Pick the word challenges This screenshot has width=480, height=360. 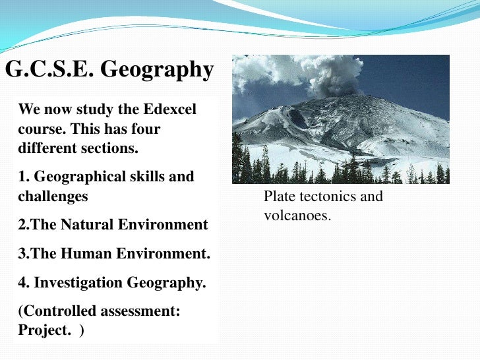pos(52,196)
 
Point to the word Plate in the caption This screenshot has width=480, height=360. pos(278,196)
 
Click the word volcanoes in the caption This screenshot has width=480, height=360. pos(297,215)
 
